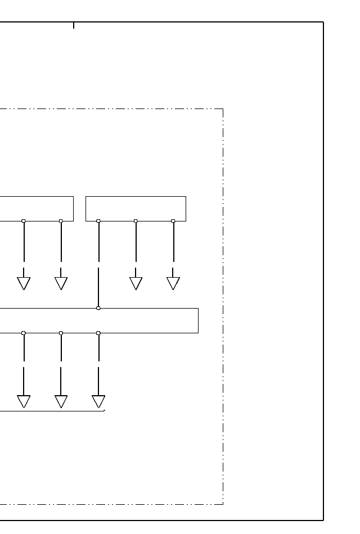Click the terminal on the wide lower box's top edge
pyautogui.click(x=98, y=308)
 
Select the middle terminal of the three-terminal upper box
pyautogui.click(x=136, y=221)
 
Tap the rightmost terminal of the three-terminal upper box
pyautogui.click(x=173, y=221)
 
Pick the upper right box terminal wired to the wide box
pyautogui.click(x=98, y=221)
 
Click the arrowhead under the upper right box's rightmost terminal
pyautogui.click(x=173, y=283)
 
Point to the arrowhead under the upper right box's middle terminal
pyautogui.click(x=136, y=283)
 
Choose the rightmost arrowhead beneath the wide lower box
pyautogui.click(x=98, y=401)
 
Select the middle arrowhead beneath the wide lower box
pyautogui.click(x=61, y=401)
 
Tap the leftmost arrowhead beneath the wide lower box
pyautogui.click(x=24, y=401)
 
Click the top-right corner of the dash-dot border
pyautogui.click(x=223, y=109)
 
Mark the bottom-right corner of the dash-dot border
pyautogui.click(x=223, y=504)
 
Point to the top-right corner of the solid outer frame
pyautogui.click(x=323, y=22)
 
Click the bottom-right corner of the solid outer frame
pyautogui.click(x=323, y=521)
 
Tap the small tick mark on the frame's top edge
pyautogui.click(x=74, y=25)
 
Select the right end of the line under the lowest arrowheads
pyautogui.click(x=105, y=411)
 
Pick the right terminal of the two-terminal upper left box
pyautogui.click(x=61, y=221)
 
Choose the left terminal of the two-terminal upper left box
pyautogui.click(x=24, y=221)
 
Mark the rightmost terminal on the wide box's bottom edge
pyautogui.click(x=98, y=333)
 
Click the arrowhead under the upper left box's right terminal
pyautogui.click(x=61, y=283)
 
